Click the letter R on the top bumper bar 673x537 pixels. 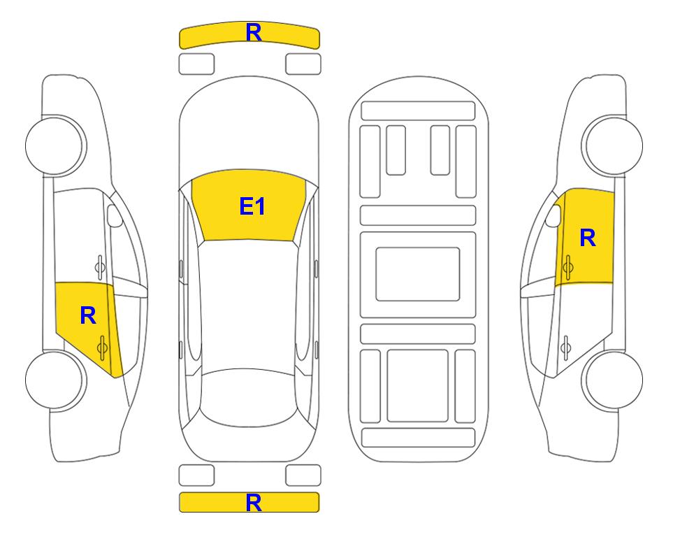pyautogui.click(x=253, y=33)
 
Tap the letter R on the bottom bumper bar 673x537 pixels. pyautogui.click(x=253, y=502)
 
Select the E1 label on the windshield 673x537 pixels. pyautogui.click(x=252, y=206)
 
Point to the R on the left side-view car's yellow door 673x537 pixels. pyautogui.click(x=87, y=315)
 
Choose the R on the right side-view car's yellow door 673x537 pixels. pyautogui.click(x=588, y=238)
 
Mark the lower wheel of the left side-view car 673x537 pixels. pyautogui.click(x=56, y=380)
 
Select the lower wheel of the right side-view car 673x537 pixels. pyautogui.click(x=614, y=380)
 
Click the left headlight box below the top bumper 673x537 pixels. pyautogui.click(x=196, y=64)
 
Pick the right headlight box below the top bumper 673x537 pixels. pyautogui.click(x=303, y=64)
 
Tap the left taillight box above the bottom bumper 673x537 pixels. pyautogui.click(x=196, y=475)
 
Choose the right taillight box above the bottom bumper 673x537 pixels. pyautogui.click(x=303, y=475)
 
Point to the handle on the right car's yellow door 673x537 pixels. pyautogui.click(x=567, y=266)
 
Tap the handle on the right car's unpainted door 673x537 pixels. pyautogui.click(x=567, y=345)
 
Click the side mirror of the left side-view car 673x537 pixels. pyautogui.click(x=115, y=217)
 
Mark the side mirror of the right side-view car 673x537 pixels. pyautogui.click(x=553, y=216)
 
